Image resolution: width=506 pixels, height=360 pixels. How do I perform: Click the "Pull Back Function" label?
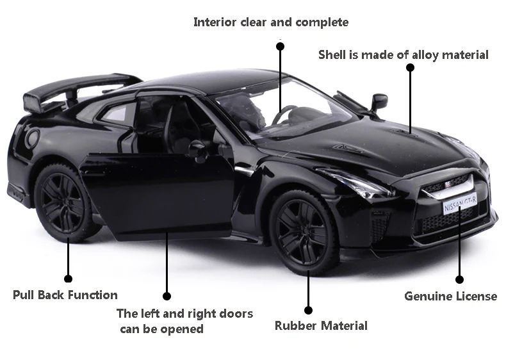pos(65,295)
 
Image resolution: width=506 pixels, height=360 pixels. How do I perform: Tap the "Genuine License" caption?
pos(450,296)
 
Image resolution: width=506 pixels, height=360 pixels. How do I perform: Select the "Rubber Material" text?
pos(321,325)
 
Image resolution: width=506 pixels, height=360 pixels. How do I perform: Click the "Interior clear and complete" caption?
pos(271,22)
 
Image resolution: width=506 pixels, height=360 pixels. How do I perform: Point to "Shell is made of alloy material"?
pos(404,55)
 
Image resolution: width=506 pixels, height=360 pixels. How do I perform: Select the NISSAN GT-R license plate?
pos(460,204)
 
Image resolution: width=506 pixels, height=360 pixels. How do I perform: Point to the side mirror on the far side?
pos(379,101)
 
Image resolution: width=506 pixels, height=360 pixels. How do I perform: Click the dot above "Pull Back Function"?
pos(69,278)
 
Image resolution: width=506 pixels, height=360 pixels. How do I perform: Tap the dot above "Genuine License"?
pos(459,279)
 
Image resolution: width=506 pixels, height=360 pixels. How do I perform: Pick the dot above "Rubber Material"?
pos(308,310)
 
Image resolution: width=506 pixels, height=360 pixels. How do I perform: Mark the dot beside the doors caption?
pos(167,296)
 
